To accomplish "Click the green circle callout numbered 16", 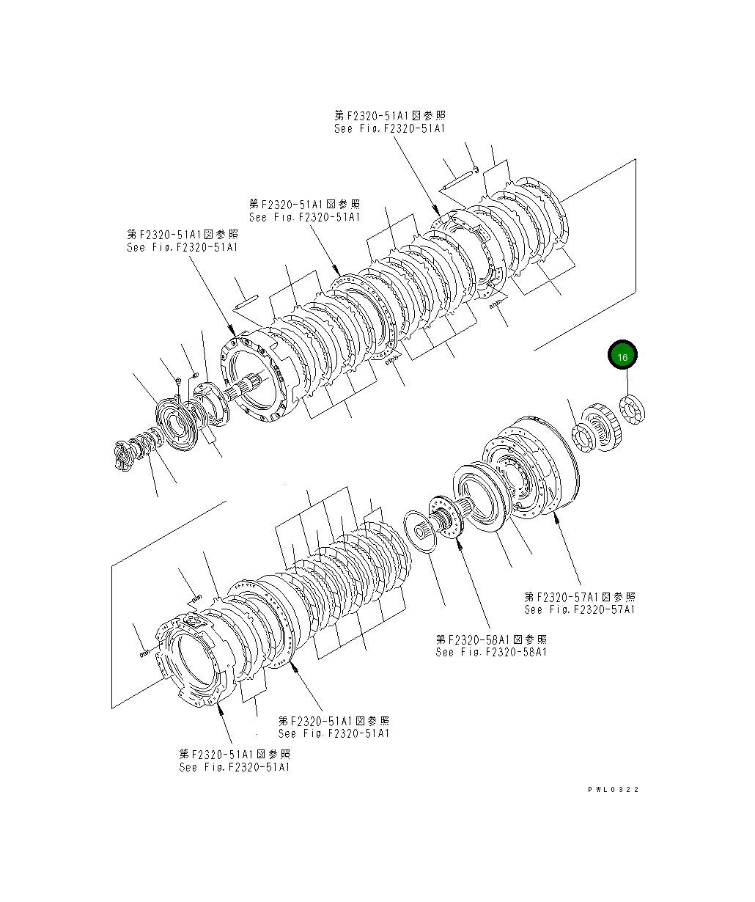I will coord(622,356).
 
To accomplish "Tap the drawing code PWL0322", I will coord(613,789).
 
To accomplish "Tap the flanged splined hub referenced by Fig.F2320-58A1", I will coord(446,518).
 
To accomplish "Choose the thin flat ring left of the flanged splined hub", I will coord(421,528).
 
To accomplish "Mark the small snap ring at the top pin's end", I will coord(476,171).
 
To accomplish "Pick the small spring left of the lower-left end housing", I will coord(144,650).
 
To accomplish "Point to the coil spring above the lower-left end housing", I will coord(194,598).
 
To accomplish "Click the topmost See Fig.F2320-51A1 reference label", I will coord(389,122).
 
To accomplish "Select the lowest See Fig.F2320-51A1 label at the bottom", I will coord(235,760).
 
